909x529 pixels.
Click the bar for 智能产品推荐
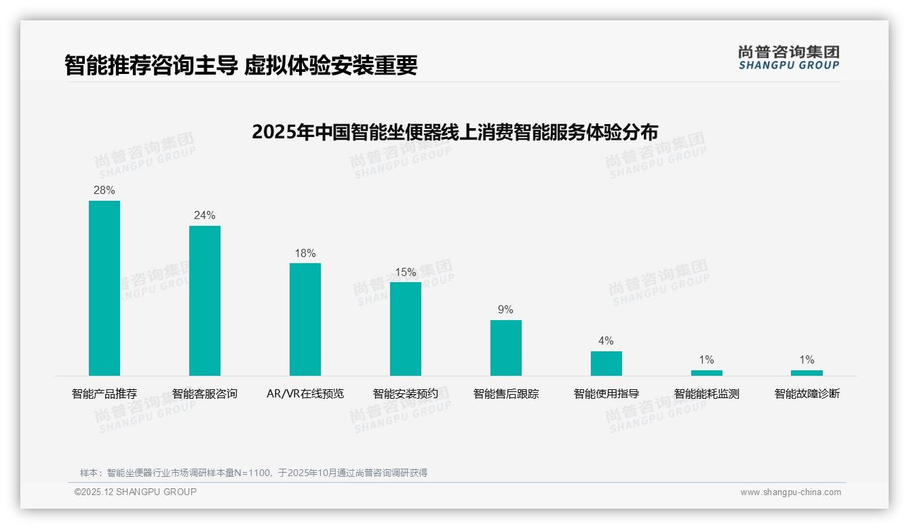(104, 288)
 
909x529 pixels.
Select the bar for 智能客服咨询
(205, 300)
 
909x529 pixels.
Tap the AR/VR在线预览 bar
(305, 319)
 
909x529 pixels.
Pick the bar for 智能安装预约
(406, 328)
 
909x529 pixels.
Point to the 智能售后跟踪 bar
(506, 347)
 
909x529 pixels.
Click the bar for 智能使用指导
(606, 363)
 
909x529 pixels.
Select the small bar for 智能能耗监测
(707, 372)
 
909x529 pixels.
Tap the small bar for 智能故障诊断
(807, 372)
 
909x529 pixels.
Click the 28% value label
(104, 191)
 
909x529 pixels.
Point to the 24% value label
(205, 216)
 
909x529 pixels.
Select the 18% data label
(305, 254)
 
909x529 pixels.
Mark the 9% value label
(506, 310)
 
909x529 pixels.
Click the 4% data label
(606, 341)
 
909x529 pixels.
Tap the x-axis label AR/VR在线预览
(305, 394)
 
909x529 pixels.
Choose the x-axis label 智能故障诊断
(807, 394)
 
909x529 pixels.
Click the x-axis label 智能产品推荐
(104, 394)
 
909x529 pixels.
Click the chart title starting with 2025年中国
(454, 132)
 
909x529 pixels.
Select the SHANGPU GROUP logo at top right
(789, 58)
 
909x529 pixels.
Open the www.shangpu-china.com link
(790, 492)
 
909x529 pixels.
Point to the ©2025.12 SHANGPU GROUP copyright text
(136, 492)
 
